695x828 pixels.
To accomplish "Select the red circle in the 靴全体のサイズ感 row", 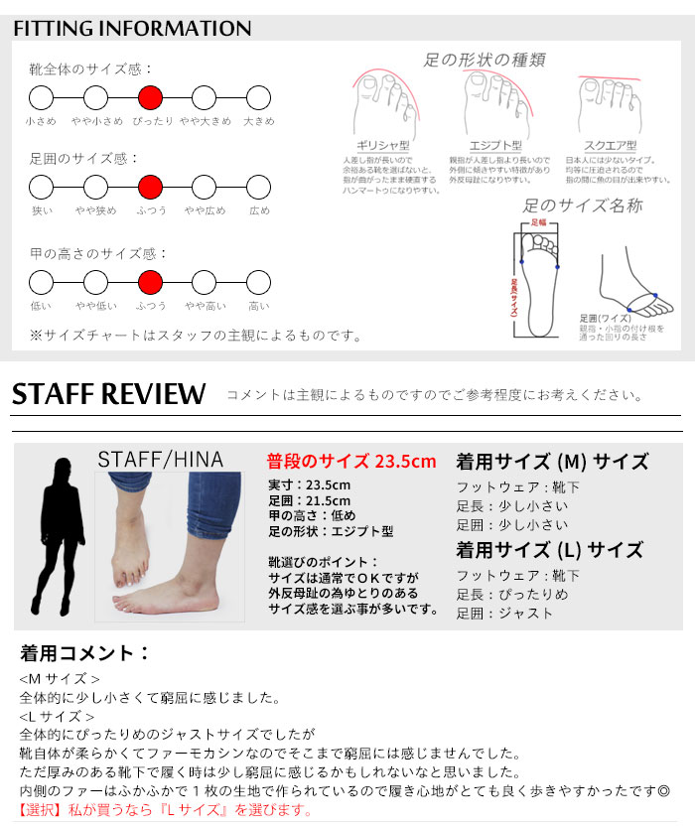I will click(150, 97).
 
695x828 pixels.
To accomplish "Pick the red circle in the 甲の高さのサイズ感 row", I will click(150, 281).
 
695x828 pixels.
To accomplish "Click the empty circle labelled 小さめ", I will click(41, 97).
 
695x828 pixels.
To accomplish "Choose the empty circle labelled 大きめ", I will click(258, 97).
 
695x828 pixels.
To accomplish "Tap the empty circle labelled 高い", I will click(258, 281).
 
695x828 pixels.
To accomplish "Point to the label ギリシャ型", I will click(383, 146).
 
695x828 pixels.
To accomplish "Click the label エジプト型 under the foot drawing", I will click(495, 146).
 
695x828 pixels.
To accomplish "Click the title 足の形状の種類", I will click(485, 60).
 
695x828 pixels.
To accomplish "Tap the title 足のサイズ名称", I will click(583, 206).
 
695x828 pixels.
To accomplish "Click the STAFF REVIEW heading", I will click(109, 394).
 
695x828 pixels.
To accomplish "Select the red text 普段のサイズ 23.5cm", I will click(351, 462).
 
